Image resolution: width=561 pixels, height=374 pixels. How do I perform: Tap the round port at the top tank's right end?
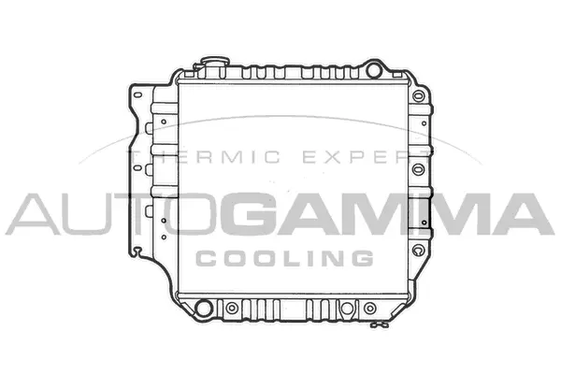[375, 69]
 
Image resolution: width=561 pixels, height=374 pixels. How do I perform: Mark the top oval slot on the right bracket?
[418, 122]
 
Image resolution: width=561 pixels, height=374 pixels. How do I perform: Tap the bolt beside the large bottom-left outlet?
[231, 307]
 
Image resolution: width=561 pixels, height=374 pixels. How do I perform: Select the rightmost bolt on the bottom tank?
[369, 307]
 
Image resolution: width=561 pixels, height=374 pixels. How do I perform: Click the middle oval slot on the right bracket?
[418, 170]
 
